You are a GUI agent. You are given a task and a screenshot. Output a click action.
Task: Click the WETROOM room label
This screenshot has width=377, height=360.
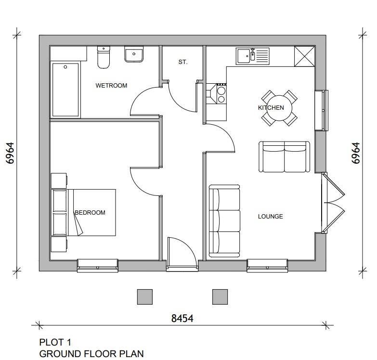(x=111, y=86)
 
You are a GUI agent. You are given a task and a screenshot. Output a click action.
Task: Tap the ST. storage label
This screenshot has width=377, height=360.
(x=183, y=62)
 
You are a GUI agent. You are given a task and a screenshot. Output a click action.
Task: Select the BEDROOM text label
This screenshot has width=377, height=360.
(x=90, y=212)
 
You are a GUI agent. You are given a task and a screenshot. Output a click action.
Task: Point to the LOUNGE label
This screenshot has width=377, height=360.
(x=271, y=217)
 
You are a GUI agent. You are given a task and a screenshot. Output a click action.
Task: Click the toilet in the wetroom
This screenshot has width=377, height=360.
(x=104, y=57)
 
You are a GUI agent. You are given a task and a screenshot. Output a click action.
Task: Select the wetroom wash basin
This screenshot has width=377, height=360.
(x=134, y=54)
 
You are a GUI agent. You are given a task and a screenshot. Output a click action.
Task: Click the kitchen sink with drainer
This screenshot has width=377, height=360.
(x=253, y=56)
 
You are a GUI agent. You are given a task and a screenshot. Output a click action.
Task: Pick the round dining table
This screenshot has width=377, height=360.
(x=279, y=108)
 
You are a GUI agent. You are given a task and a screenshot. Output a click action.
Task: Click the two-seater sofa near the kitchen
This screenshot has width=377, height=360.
(x=285, y=157)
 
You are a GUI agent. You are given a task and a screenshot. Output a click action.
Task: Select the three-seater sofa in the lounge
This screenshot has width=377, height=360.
(x=224, y=221)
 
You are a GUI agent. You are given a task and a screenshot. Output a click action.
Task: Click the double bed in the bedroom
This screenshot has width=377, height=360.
(x=83, y=212)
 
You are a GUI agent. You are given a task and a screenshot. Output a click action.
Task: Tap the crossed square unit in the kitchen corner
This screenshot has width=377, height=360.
(x=305, y=56)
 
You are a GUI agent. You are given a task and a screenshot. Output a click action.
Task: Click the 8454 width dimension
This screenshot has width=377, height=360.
(x=182, y=319)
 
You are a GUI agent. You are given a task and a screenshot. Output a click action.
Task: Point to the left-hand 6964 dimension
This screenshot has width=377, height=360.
(x=11, y=153)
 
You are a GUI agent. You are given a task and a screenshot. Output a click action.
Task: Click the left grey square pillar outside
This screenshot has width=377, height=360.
(x=145, y=297)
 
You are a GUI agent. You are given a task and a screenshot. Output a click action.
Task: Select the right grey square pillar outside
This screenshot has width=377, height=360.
(x=220, y=297)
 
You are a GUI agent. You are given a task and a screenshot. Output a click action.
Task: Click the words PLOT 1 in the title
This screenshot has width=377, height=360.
(x=55, y=342)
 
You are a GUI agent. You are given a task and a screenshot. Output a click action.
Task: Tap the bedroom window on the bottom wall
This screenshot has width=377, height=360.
(x=98, y=266)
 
